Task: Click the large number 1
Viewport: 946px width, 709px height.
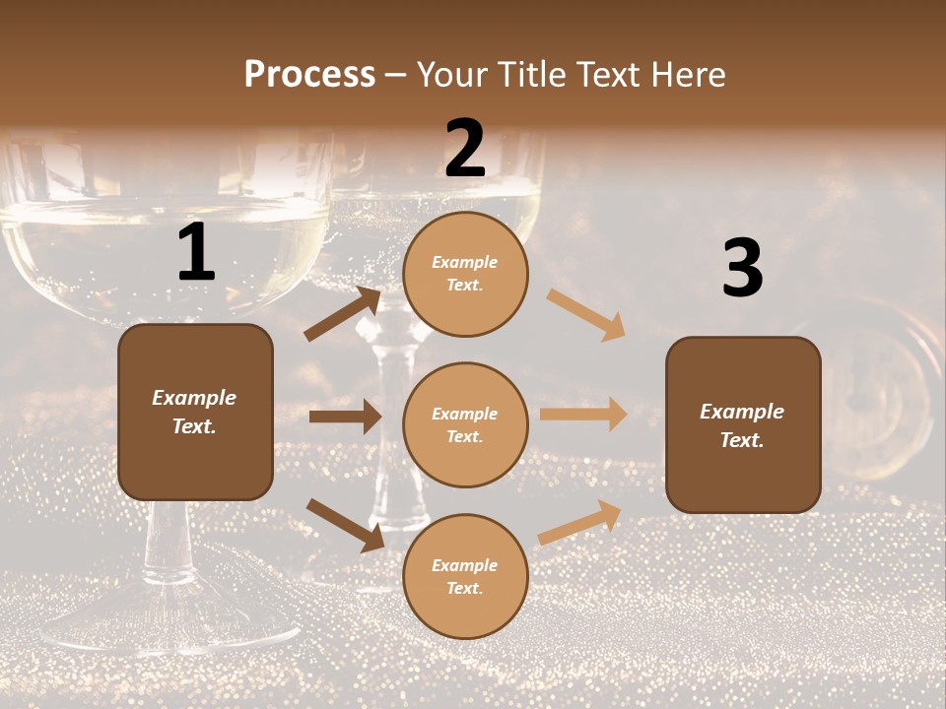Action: click(x=196, y=253)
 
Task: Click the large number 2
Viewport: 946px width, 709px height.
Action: click(x=464, y=149)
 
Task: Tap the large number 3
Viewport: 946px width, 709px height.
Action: click(x=742, y=269)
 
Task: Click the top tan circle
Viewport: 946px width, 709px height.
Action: click(x=465, y=274)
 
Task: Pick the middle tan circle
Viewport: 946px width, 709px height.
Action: click(x=465, y=424)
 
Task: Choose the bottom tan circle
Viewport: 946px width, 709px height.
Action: click(x=465, y=576)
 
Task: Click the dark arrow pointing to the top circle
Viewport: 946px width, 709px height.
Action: click(x=343, y=314)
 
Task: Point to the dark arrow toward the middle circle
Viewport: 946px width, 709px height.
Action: click(x=345, y=417)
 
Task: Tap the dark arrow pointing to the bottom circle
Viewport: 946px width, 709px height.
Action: click(x=345, y=524)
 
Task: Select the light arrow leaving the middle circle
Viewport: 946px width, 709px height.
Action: click(x=583, y=415)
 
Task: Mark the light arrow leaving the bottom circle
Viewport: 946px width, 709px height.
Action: click(x=580, y=523)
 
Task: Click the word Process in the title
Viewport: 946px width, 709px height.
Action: click(x=309, y=74)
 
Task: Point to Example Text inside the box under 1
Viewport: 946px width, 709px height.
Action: click(x=194, y=412)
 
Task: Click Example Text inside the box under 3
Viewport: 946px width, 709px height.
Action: click(x=742, y=425)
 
